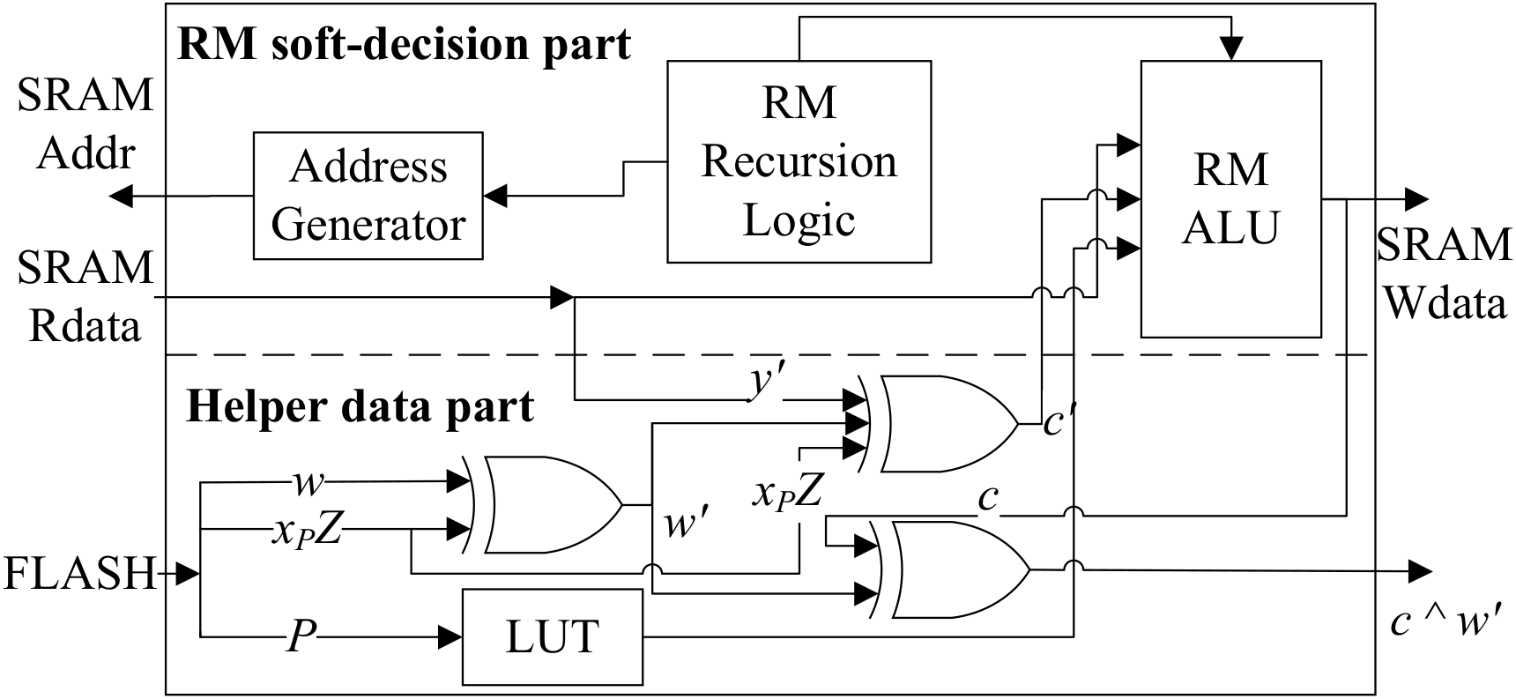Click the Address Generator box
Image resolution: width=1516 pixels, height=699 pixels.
[x=368, y=196]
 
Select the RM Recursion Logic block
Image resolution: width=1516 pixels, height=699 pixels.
[x=799, y=161]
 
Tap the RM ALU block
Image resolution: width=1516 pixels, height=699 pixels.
[x=1230, y=198]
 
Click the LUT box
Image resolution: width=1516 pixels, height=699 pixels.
[x=553, y=636]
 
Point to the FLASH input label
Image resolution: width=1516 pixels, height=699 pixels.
[x=79, y=575]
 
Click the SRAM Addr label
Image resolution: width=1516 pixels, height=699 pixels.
[x=85, y=124]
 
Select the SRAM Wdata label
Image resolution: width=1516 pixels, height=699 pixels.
[x=1444, y=274]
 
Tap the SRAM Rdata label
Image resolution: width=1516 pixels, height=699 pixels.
[x=85, y=297]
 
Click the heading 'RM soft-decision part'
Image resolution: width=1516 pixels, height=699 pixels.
[x=405, y=43]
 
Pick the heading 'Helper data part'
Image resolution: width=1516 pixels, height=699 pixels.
[x=360, y=407]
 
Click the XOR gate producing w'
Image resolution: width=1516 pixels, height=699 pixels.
[x=546, y=505]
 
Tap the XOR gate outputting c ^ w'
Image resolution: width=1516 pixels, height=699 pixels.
[x=952, y=569]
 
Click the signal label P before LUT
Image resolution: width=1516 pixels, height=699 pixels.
[x=301, y=636]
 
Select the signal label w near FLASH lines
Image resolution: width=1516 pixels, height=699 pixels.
[x=308, y=481]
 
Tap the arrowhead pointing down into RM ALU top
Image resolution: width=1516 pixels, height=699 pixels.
[x=1231, y=49]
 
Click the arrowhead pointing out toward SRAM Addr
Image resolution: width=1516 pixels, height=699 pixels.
[x=123, y=196]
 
